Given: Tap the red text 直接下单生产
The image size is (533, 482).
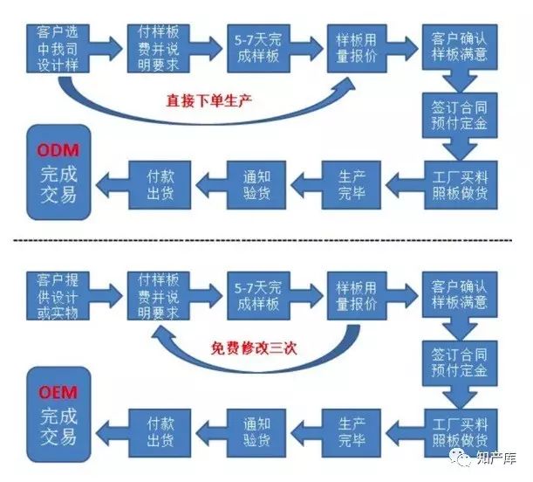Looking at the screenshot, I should [209, 100].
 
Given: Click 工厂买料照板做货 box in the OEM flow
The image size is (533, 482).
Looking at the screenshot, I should [459, 428].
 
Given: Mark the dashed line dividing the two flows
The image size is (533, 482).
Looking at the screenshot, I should [266, 239].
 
